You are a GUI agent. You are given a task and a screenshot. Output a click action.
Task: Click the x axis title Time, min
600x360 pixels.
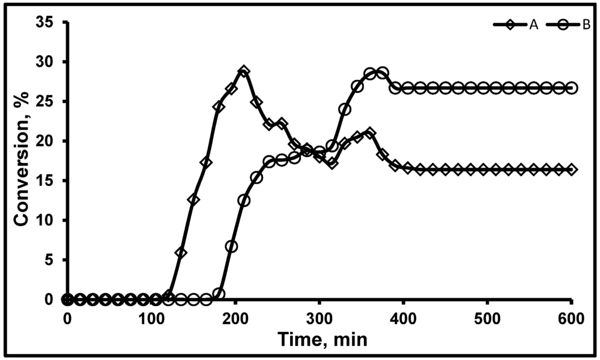pyautogui.click(x=319, y=339)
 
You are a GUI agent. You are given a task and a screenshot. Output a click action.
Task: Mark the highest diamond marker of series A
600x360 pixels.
pyautogui.click(x=244, y=72)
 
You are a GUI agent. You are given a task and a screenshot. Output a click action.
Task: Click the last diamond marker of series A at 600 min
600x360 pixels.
pyautogui.click(x=572, y=169)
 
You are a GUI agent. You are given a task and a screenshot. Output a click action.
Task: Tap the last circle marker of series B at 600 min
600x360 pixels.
pyautogui.click(x=572, y=88)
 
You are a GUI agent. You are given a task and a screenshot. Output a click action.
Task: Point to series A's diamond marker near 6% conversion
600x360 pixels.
pyautogui.click(x=181, y=253)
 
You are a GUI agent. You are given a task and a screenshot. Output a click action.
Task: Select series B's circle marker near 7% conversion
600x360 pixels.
pyautogui.click(x=231, y=246)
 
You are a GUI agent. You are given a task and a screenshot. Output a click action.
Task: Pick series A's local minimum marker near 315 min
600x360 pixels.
pyautogui.click(x=332, y=163)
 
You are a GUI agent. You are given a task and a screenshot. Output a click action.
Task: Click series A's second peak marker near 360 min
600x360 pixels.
pyautogui.click(x=370, y=133)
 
